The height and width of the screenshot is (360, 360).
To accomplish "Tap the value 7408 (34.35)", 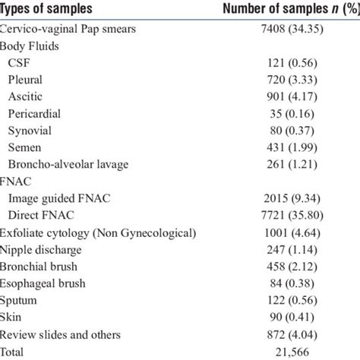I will tap(285, 27).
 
